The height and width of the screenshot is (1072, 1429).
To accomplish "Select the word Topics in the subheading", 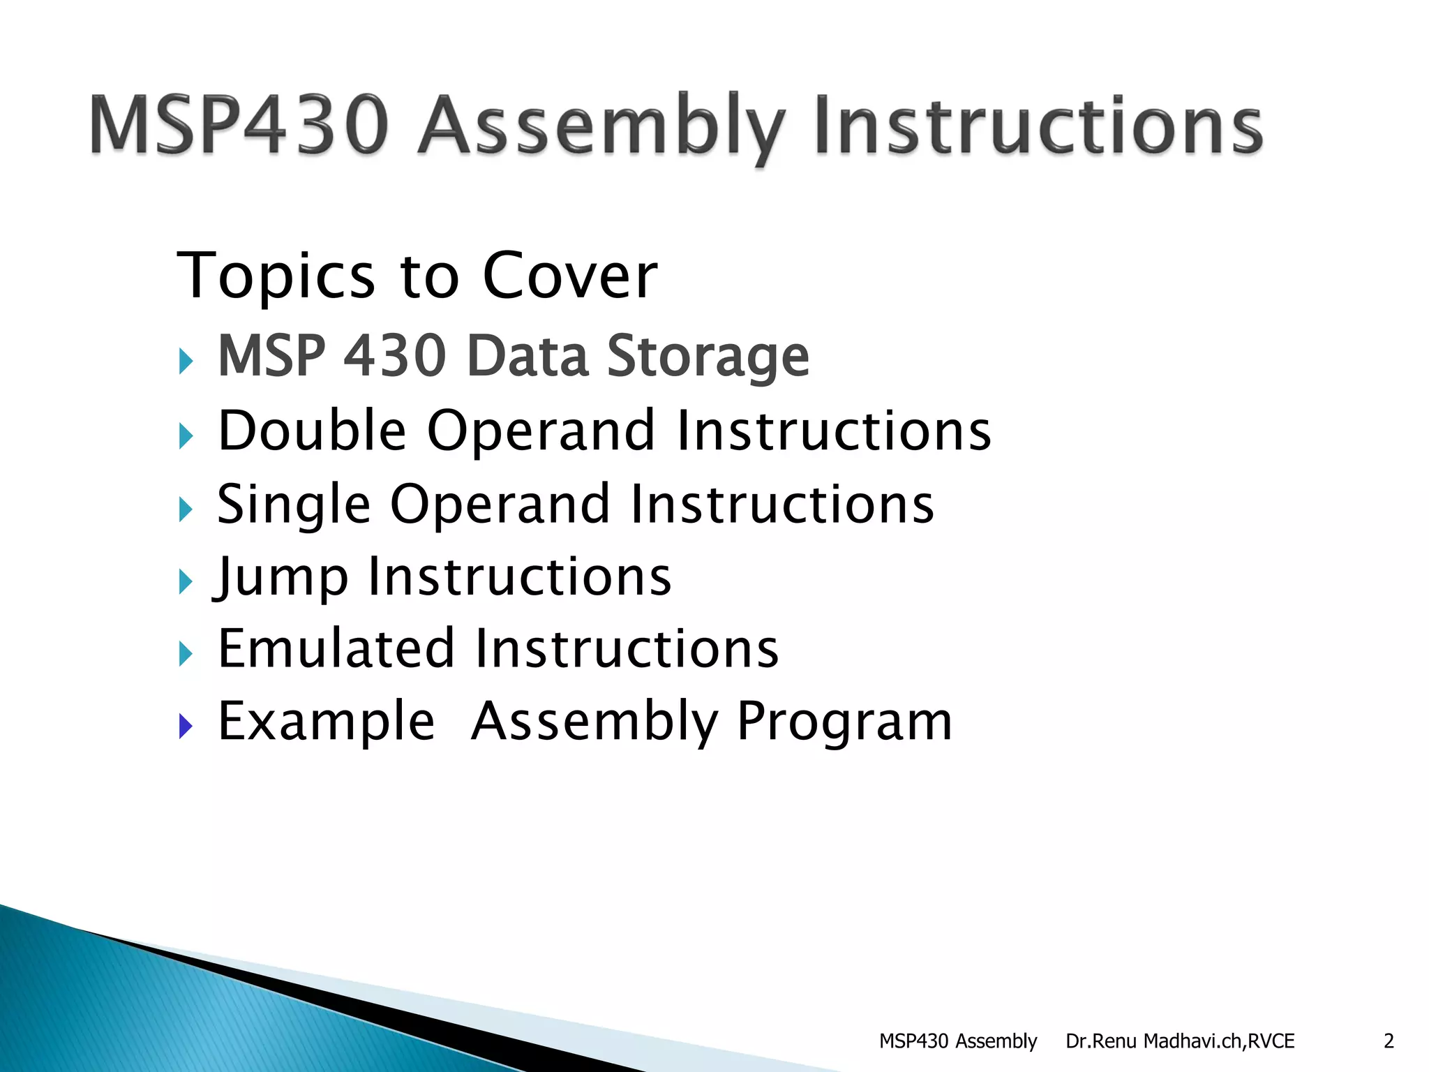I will pos(276,276).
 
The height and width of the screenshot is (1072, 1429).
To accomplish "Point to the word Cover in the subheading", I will pos(569,276).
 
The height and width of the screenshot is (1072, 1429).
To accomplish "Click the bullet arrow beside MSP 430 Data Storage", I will pos(185,361).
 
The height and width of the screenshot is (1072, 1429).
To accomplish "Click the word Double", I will pos(312,430).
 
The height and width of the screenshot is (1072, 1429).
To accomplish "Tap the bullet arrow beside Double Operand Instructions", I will pos(185,436).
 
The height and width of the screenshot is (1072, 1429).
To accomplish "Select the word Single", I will pos(293,504).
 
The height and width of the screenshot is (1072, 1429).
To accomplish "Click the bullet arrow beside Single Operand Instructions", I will pos(185,509).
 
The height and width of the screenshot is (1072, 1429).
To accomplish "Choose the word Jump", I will pos(282,578).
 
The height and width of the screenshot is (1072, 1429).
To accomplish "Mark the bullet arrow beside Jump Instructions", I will pos(185,581).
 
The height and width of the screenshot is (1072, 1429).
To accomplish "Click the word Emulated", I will pos(337,648).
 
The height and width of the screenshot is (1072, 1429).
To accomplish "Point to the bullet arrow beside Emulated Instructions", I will pos(185,654).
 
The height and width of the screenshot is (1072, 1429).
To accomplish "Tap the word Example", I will pos(326,721).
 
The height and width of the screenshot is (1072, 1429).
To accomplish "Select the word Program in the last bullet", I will pos(844,721).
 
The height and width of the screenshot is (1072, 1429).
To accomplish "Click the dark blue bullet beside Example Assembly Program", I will pos(185,727).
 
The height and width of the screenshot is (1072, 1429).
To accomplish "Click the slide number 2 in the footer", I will pos(1389,1041).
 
